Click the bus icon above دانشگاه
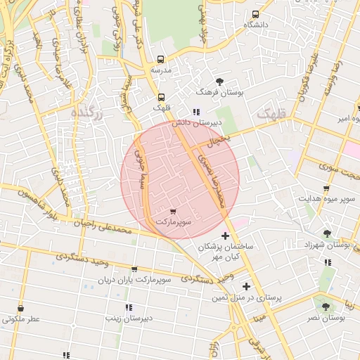255,13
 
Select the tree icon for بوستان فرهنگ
221,82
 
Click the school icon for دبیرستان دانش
197,111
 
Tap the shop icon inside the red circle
173,210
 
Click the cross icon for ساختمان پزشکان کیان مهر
225,236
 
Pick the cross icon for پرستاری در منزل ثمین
246,286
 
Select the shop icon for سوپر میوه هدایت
326,188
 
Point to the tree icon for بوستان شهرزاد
327,233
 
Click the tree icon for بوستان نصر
325,307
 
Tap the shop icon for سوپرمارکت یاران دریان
134,269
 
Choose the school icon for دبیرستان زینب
128,307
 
